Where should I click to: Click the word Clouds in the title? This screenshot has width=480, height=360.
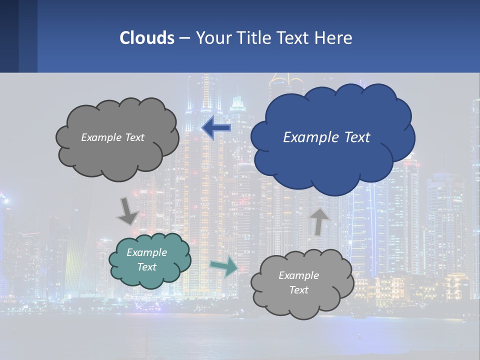tap(146, 37)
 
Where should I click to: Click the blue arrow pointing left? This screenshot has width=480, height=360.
tap(216, 128)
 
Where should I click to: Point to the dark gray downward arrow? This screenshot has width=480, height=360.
tap(127, 211)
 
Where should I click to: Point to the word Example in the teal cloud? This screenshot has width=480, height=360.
tap(147, 252)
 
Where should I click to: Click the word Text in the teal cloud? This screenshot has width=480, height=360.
tap(147, 267)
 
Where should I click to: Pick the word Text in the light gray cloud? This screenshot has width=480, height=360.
tap(299, 290)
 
